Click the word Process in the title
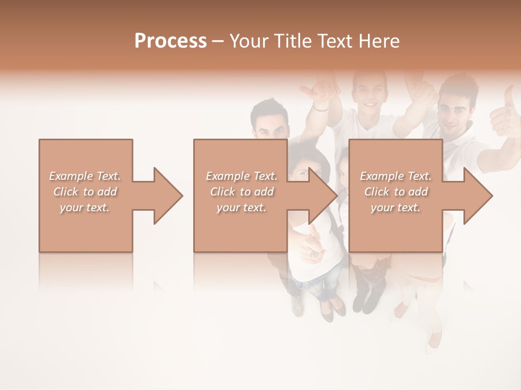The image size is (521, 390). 170,41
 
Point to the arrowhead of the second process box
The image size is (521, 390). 323,196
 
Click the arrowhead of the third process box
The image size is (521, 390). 478,196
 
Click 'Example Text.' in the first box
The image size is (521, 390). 85,176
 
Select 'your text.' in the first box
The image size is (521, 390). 85,207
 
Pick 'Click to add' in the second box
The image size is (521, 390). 242,192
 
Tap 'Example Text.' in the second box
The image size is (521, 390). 242,176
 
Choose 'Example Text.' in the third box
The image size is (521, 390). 396,176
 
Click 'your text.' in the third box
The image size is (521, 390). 396,207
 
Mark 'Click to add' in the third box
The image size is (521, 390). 396,192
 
